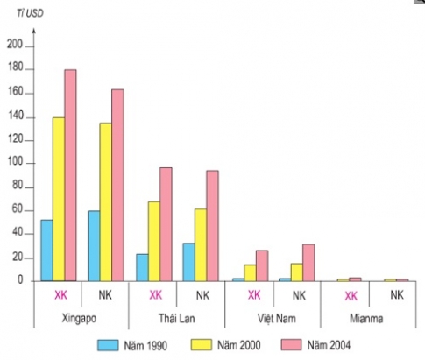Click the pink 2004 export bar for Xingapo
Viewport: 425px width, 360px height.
(70, 175)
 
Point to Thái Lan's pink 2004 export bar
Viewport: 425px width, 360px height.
(165, 223)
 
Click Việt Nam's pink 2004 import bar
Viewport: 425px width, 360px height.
(308, 262)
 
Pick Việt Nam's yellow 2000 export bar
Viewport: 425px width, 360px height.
(250, 272)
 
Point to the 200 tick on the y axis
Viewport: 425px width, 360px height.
(13, 46)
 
